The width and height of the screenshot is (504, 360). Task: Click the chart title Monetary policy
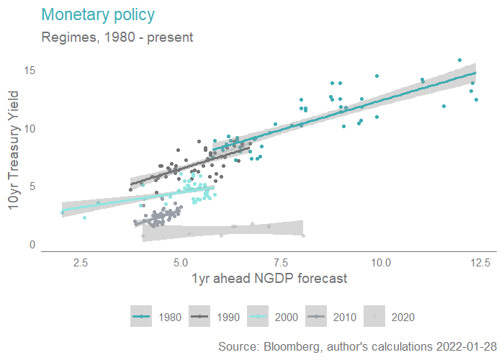tap(99, 14)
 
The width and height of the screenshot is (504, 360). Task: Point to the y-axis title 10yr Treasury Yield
tap(14, 156)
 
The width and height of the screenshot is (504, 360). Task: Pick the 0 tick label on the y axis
tap(32, 245)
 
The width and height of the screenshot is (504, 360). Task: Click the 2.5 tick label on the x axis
tap(81, 263)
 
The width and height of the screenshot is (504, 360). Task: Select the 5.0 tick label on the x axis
tap(181, 263)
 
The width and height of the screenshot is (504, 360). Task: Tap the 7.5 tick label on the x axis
tap(281, 263)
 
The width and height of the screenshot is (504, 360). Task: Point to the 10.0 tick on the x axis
tap(381, 263)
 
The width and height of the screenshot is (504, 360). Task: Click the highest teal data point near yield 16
tap(459, 60)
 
